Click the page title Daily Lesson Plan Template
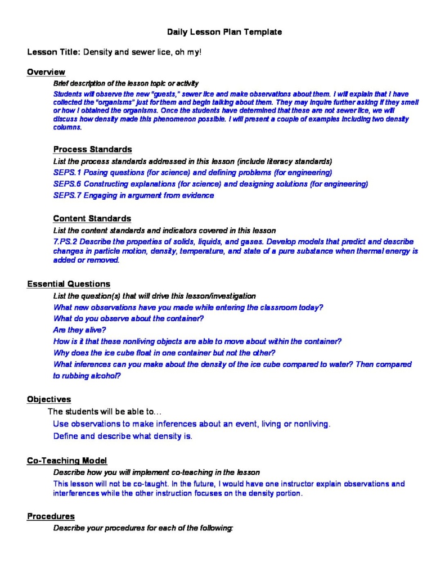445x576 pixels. pos(224,32)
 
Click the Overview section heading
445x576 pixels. pos(46,72)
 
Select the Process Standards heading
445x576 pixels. pos(93,150)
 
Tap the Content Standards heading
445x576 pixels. pos(92,218)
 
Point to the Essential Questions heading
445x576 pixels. pos(69,284)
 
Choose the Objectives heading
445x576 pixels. pos(49,399)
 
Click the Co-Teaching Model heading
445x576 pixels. pos(67,461)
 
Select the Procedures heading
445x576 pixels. pos(51,516)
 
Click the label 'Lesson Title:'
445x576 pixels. pos(54,52)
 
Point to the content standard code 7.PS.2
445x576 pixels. pos(66,241)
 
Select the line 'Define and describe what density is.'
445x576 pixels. pos(123,436)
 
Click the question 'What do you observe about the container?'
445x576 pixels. pos(128,318)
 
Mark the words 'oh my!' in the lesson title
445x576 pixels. pos(188,52)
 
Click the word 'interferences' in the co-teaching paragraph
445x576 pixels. pos(76,493)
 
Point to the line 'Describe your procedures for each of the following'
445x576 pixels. pos(143,528)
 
